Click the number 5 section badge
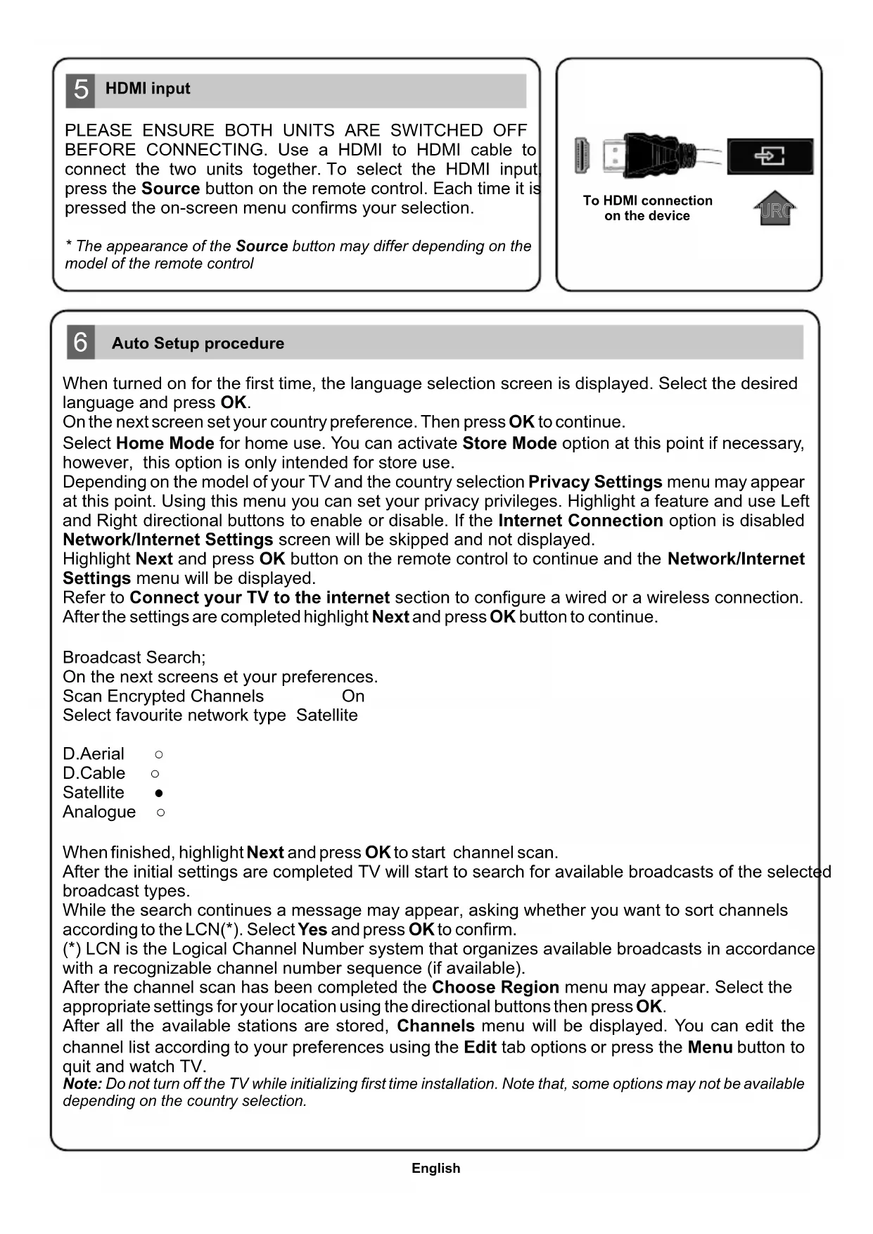(81, 90)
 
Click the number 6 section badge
(81, 343)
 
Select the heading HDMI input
(148, 89)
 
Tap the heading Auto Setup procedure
(198, 343)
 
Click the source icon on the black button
(770, 155)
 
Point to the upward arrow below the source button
(775, 208)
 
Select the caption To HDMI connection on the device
(647, 208)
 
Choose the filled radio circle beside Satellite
(159, 793)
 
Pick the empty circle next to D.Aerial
(159, 754)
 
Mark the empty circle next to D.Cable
(155, 773)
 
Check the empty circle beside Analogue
(161, 813)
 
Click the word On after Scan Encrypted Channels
(353, 696)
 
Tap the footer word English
(436, 1169)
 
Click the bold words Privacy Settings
(595, 482)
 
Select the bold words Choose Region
(495, 987)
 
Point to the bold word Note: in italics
(82, 1084)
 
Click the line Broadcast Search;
(134, 657)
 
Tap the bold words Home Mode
(165, 443)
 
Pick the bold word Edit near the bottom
(480, 1048)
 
